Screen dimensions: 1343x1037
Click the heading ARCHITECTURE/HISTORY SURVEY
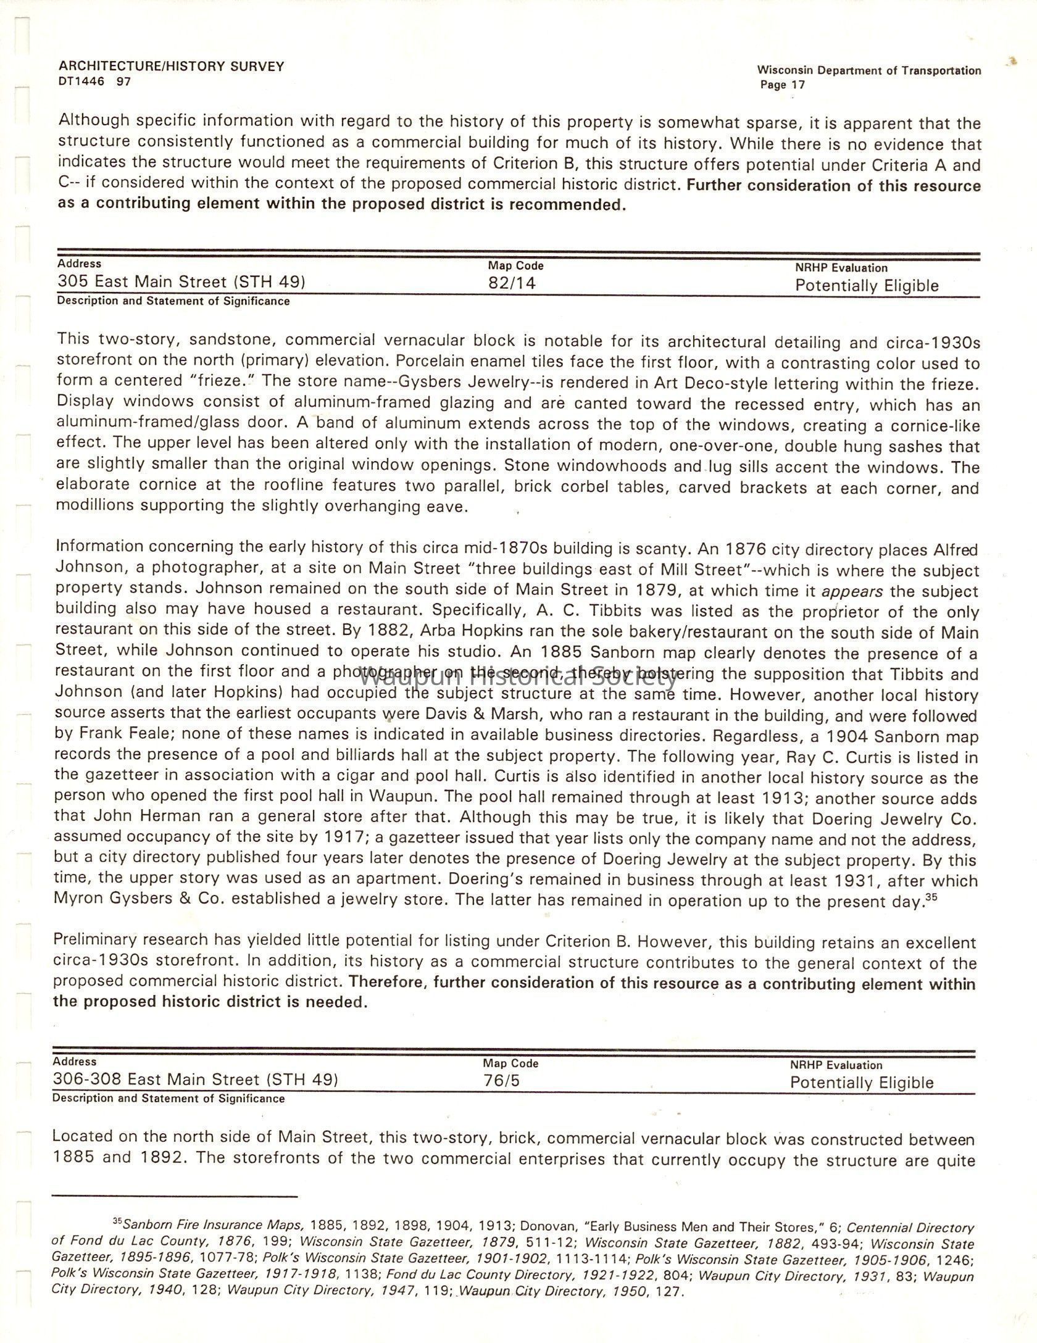pyautogui.click(x=172, y=67)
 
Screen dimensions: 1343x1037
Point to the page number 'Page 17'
pyautogui.click(x=782, y=85)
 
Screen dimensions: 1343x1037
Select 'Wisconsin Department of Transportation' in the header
pyautogui.click(x=868, y=71)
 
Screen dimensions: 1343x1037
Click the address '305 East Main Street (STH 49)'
pyautogui.click(x=181, y=282)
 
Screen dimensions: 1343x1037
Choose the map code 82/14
pyautogui.click(x=512, y=283)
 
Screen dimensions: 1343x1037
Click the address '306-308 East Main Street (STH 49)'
pyautogui.click(x=195, y=1079)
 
